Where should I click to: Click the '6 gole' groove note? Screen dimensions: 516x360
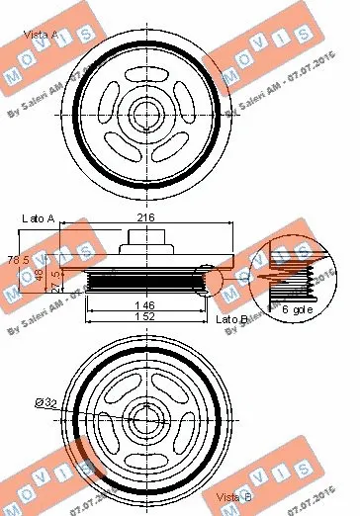(294, 310)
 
